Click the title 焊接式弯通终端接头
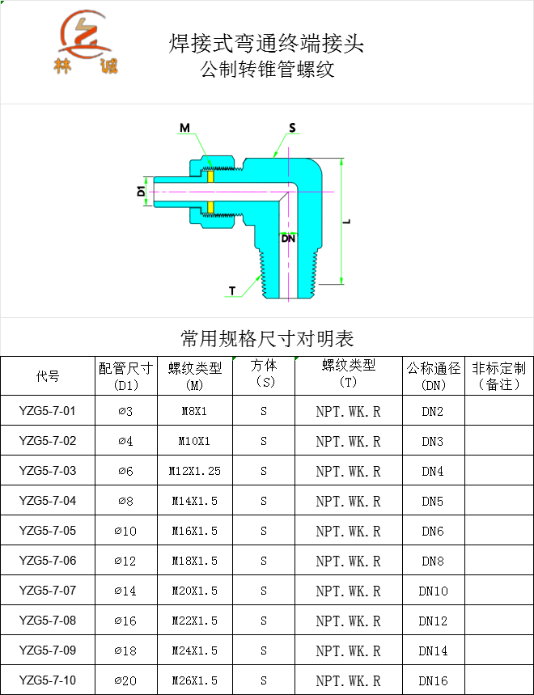pos(266,43)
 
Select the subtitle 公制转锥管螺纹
pos(267,70)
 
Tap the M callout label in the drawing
pos(184,128)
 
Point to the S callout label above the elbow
pos(292,128)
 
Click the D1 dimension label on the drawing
pos(140,192)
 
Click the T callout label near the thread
pos(232,290)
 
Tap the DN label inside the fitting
pos(288,239)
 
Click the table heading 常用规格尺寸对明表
pos(267,337)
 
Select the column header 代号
pos(48,376)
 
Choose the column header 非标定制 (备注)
pos(498,376)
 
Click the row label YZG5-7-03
pos(48,471)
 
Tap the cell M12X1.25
pos(194,471)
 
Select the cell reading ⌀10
pos(125,531)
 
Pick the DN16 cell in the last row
pos(433,680)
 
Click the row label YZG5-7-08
pos(48,621)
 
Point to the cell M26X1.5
pos(194,680)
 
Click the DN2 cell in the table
pos(433,411)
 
